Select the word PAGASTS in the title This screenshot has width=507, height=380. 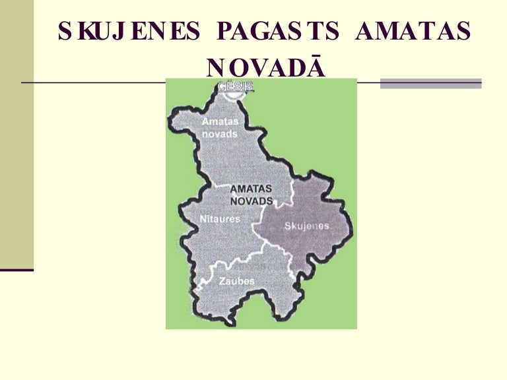278,32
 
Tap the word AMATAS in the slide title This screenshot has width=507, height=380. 413,32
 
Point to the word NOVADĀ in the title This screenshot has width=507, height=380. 265,67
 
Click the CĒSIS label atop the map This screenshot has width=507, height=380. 235,86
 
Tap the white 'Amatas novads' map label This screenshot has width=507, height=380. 220,127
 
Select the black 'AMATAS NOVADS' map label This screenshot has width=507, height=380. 251,194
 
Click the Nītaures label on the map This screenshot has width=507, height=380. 220,218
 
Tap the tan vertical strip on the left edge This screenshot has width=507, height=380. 17,132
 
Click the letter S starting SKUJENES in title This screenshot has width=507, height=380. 65,32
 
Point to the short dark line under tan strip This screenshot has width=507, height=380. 17,270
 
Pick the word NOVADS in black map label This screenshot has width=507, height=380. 251,200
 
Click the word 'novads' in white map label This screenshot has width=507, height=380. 219,133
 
